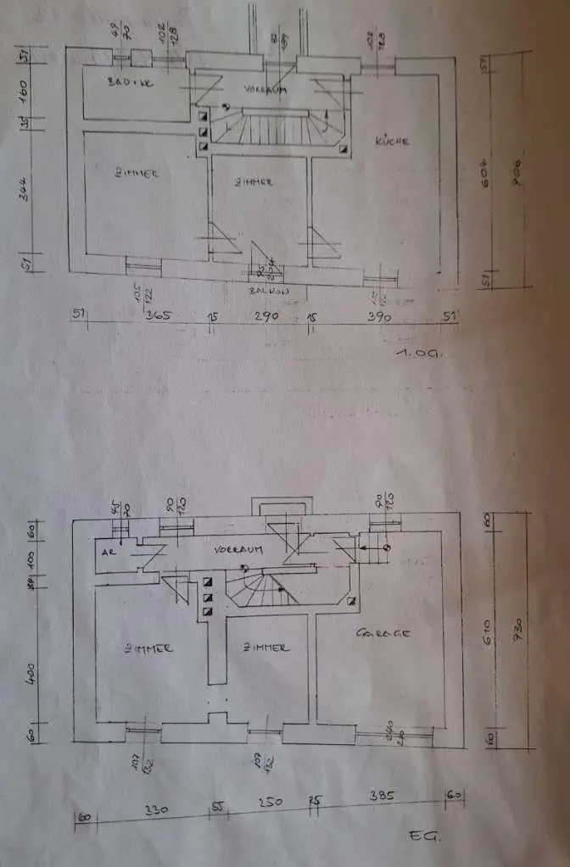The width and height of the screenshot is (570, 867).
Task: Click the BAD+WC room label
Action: tap(130, 83)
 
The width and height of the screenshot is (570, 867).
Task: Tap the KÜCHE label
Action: tap(393, 142)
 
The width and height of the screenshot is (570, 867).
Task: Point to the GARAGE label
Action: tap(384, 633)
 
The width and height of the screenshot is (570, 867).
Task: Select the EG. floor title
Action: tap(422, 836)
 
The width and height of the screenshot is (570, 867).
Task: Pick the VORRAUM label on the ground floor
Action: tap(238, 549)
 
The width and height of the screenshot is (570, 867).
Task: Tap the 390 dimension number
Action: tap(378, 317)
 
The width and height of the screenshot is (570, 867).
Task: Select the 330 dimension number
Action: tap(156, 810)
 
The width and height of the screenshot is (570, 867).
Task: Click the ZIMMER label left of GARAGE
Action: tap(265, 647)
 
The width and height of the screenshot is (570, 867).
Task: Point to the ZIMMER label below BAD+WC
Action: tap(137, 173)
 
